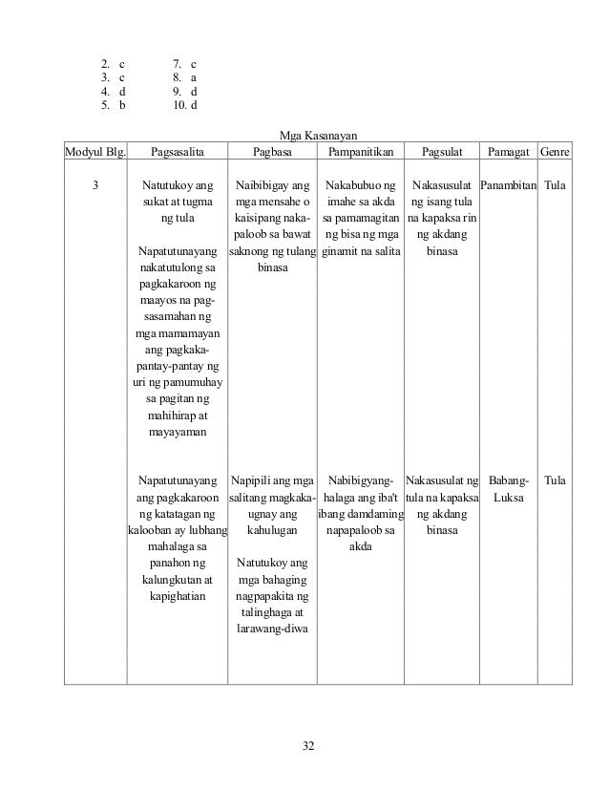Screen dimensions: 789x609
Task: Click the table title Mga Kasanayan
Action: (318, 136)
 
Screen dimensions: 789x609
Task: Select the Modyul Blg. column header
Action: (94, 152)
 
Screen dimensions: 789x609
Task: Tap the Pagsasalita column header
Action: (178, 152)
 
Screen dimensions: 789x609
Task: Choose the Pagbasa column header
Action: (273, 152)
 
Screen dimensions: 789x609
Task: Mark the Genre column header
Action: (555, 152)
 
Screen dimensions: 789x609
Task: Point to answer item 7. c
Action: (178, 63)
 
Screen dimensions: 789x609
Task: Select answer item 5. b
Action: (113, 106)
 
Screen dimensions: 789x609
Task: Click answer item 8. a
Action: (178, 77)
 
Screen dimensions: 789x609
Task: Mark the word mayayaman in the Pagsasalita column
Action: (178, 433)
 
